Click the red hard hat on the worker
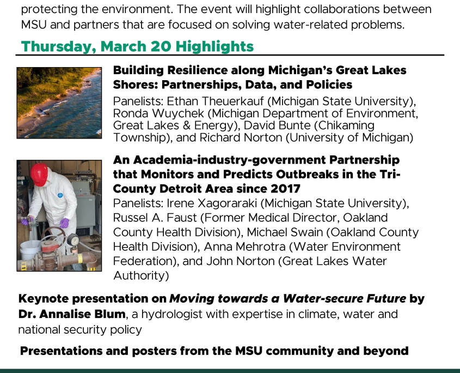(x=39, y=174)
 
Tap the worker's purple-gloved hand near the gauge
(x=64, y=223)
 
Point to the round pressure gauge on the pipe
(x=73, y=240)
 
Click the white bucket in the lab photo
(x=30, y=249)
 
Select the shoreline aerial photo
(x=59, y=103)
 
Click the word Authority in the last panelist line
(x=141, y=276)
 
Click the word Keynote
(x=44, y=299)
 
